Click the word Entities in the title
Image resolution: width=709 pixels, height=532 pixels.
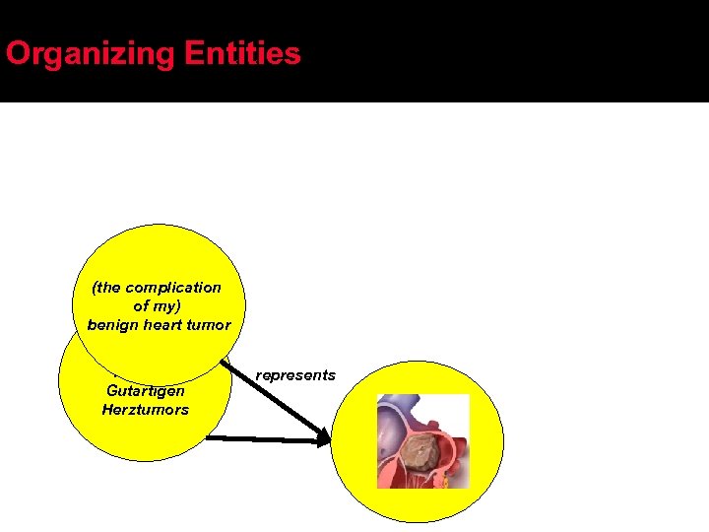coord(242,53)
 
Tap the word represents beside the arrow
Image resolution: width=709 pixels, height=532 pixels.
coord(295,375)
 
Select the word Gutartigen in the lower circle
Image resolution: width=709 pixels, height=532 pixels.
coord(145,391)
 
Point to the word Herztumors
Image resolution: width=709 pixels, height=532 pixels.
coord(145,409)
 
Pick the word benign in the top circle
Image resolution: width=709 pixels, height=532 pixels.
coord(111,325)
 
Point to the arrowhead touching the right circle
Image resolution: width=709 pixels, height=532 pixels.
coord(324,439)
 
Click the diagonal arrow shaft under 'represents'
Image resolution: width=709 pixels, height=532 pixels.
coord(281,394)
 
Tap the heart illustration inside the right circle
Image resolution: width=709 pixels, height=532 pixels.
coord(423,441)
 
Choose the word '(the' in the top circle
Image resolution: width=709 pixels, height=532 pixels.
coord(105,288)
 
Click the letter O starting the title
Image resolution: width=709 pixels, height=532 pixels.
coord(17,54)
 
